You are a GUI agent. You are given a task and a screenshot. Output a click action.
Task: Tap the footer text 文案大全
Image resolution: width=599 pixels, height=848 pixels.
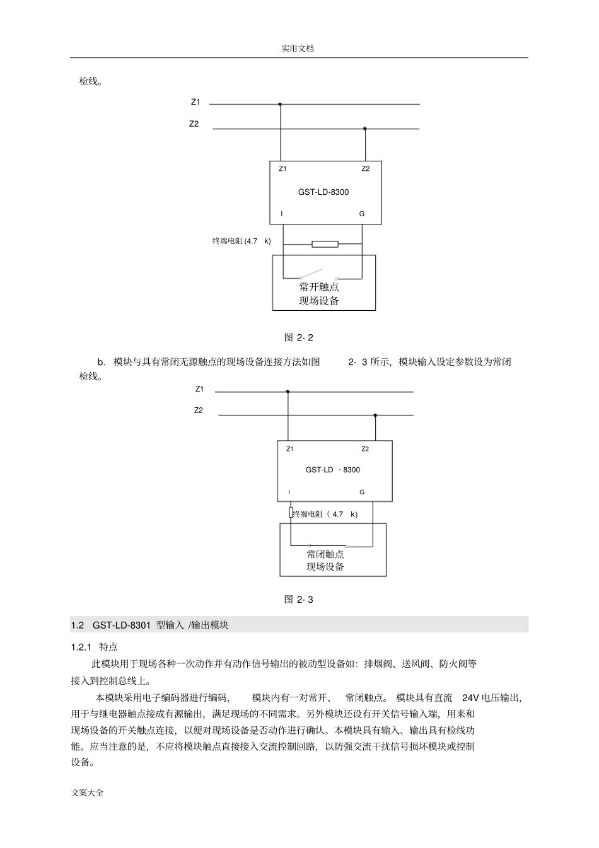pyautogui.click(x=88, y=793)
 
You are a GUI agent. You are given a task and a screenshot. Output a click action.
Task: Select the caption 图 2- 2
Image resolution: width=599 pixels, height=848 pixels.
pyautogui.click(x=299, y=337)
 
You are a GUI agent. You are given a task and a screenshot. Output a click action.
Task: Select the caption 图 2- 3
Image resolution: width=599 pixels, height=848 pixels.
pyautogui.click(x=299, y=599)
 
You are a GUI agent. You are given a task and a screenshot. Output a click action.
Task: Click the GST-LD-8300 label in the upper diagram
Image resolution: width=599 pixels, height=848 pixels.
pyautogui.click(x=323, y=192)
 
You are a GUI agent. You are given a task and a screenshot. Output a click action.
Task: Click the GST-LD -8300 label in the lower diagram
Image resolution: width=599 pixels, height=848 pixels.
pyautogui.click(x=333, y=470)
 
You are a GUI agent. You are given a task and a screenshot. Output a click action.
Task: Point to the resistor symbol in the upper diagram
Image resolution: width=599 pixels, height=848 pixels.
pyautogui.click(x=325, y=244)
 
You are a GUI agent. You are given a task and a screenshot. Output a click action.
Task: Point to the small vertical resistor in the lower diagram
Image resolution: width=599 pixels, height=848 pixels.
pyautogui.click(x=291, y=513)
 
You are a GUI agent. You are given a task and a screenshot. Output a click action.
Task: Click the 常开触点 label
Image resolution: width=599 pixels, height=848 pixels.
pyautogui.click(x=319, y=287)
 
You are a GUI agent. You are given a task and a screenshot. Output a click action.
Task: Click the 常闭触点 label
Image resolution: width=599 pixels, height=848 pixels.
pyautogui.click(x=325, y=554)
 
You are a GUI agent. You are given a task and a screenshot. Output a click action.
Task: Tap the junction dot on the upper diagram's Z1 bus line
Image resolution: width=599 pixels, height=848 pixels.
pyautogui.click(x=280, y=104)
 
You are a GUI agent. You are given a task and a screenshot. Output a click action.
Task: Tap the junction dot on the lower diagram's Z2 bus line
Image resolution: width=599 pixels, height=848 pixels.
pyautogui.click(x=375, y=415)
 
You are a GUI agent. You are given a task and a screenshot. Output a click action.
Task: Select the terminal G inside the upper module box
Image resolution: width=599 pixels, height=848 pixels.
pyautogui.click(x=362, y=214)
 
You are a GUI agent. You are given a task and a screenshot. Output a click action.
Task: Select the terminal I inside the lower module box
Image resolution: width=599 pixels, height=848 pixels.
pyautogui.click(x=289, y=492)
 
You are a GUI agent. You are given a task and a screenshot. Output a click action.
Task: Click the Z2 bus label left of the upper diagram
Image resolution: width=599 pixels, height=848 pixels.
pyautogui.click(x=194, y=124)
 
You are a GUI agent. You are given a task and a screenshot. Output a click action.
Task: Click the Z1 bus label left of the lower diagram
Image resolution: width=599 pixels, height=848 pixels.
pyautogui.click(x=199, y=389)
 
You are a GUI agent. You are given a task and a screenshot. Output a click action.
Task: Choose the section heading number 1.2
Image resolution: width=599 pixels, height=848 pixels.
pyautogui.click(x=78, y=625)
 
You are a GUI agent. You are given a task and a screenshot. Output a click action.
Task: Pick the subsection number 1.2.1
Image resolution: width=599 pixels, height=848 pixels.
pyautogui.click(x=81, y=647)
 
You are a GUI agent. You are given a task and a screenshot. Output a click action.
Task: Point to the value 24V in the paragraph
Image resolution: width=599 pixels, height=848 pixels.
pyautogui.click(x=471, y=698)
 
